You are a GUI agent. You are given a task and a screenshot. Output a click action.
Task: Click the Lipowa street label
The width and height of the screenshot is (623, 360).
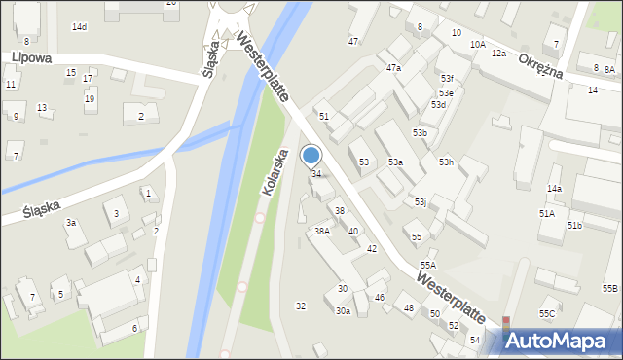click(32, 58)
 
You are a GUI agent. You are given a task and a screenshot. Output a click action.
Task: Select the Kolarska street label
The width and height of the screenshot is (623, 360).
click(275, 171)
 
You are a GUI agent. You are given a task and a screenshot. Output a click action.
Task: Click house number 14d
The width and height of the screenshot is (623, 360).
click(79, 26)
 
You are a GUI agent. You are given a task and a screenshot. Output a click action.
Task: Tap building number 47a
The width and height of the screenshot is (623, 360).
click(393, 68)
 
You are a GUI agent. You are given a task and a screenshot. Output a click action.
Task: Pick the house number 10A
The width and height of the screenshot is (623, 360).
click(477, 45)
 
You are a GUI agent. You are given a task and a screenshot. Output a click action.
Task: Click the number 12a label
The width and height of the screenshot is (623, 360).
click(498, 53)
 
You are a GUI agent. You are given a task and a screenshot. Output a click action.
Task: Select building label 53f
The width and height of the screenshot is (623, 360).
click(446, 78)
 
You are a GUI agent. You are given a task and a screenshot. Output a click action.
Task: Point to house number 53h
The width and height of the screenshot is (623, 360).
click(446, 162)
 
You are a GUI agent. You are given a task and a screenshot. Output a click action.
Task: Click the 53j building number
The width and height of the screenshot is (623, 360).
click(420, 202)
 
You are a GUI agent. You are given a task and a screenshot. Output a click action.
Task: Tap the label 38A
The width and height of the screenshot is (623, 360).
click(322, 232)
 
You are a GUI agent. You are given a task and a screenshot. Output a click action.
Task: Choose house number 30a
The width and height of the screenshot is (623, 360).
click(343, 311)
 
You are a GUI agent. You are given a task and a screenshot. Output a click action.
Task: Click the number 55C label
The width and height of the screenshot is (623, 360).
click(547, 313)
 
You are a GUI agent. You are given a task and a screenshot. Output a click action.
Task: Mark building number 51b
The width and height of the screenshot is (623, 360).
click(574, 226)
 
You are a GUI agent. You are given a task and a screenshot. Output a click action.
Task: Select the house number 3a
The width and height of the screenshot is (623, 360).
click(71, 223)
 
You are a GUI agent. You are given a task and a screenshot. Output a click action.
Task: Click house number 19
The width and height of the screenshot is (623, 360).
click(90, 99)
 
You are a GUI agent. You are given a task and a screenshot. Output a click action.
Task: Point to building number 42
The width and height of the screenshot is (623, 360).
click(371, 249)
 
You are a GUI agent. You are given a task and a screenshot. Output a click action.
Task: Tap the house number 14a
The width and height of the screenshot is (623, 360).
click(554, 188)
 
